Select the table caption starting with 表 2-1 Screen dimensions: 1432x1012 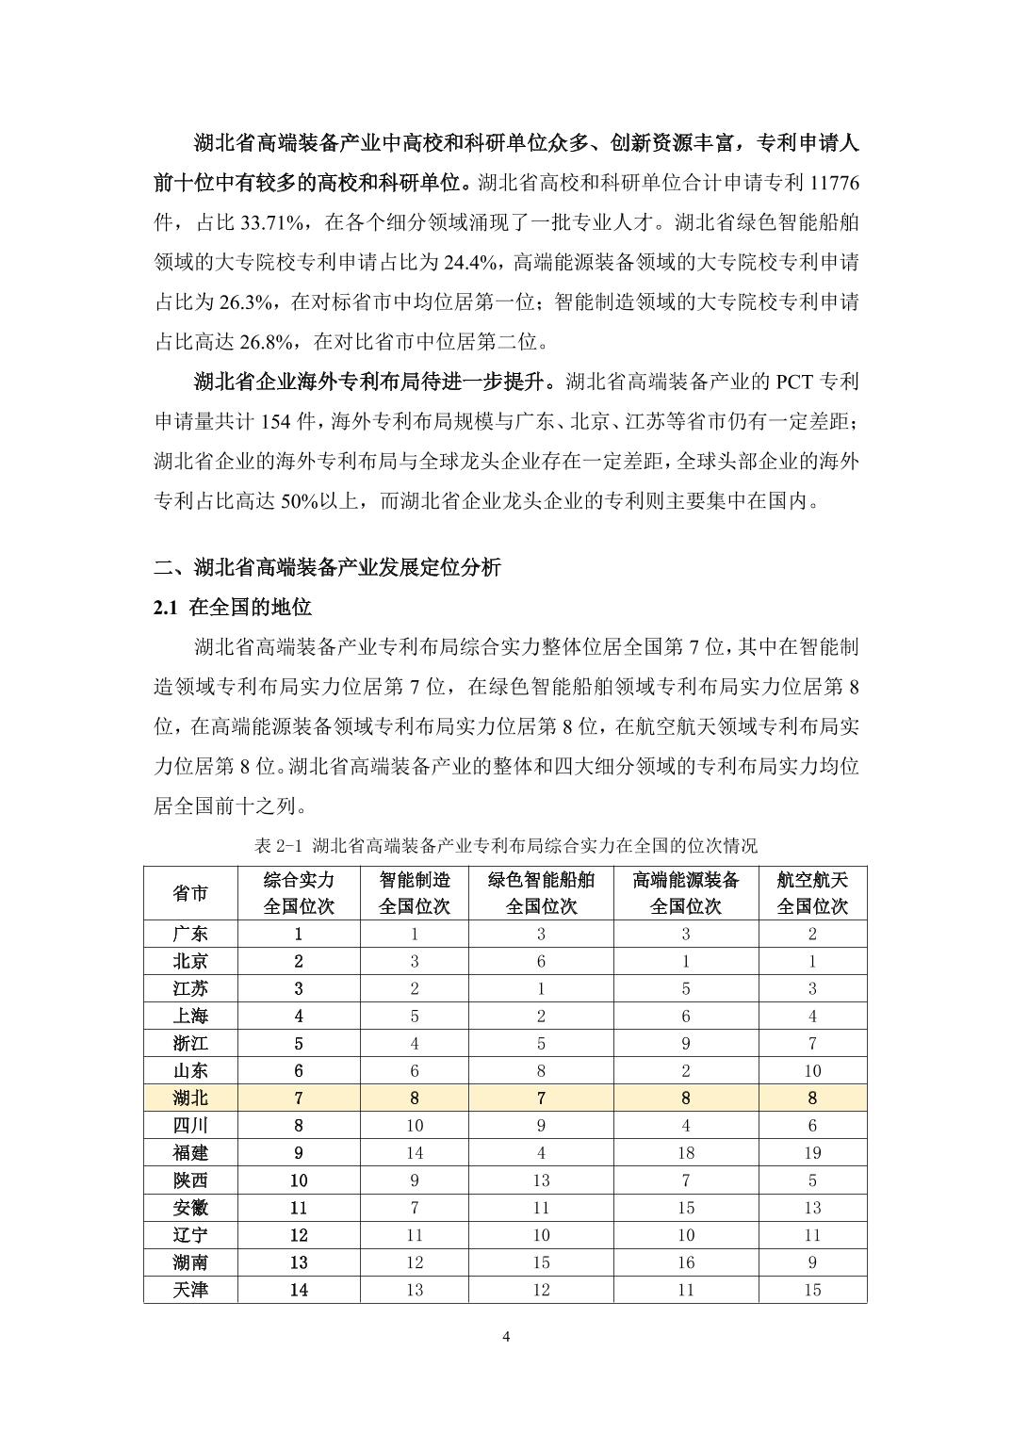[505, 844]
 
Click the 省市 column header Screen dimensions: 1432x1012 [190, 893]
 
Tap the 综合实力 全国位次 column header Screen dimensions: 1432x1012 [299, 893]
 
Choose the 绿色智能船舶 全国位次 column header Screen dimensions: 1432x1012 [541, 893]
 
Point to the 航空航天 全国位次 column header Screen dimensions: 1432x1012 [812, 893]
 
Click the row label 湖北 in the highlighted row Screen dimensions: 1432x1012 [190, 1098]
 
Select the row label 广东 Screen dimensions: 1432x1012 [190, 934]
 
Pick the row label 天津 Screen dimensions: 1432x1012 [190, 1290]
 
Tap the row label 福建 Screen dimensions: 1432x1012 [190, 1152]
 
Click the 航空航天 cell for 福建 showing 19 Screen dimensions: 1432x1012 [812, 1152]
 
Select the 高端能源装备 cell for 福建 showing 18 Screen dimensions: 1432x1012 [685, 1152]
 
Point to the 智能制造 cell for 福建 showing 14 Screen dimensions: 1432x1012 [415, 1152]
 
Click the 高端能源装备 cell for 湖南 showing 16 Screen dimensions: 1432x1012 [685, 1262]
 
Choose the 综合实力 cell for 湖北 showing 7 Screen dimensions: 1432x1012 [299, 1098]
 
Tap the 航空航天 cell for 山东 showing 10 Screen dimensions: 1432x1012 [812, 1070]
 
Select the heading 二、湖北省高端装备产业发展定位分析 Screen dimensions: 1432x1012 [328, 567]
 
